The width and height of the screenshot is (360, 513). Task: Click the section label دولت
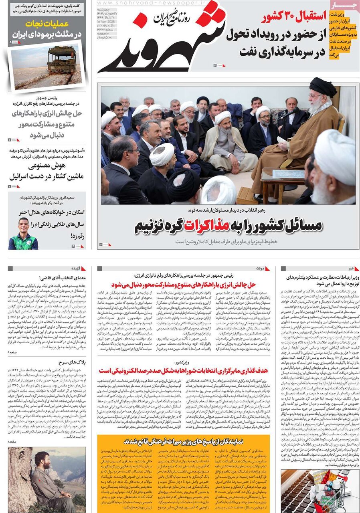coord(263,268)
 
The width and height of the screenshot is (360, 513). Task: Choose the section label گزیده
coord(77,268)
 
